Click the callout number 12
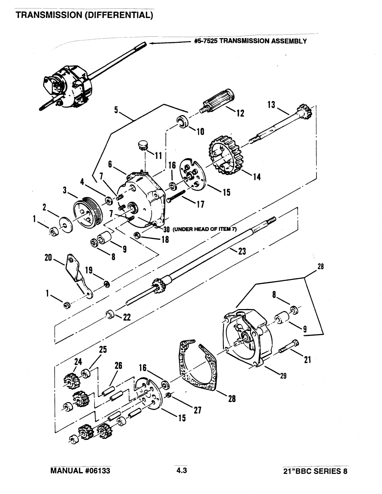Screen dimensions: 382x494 pos(241,113)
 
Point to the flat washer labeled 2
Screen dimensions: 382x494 pos(66,225)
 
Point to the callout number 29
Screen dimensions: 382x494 pos(283,376)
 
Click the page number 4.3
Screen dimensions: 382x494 pos(181,470)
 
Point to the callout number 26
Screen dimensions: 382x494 pos(118,365)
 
